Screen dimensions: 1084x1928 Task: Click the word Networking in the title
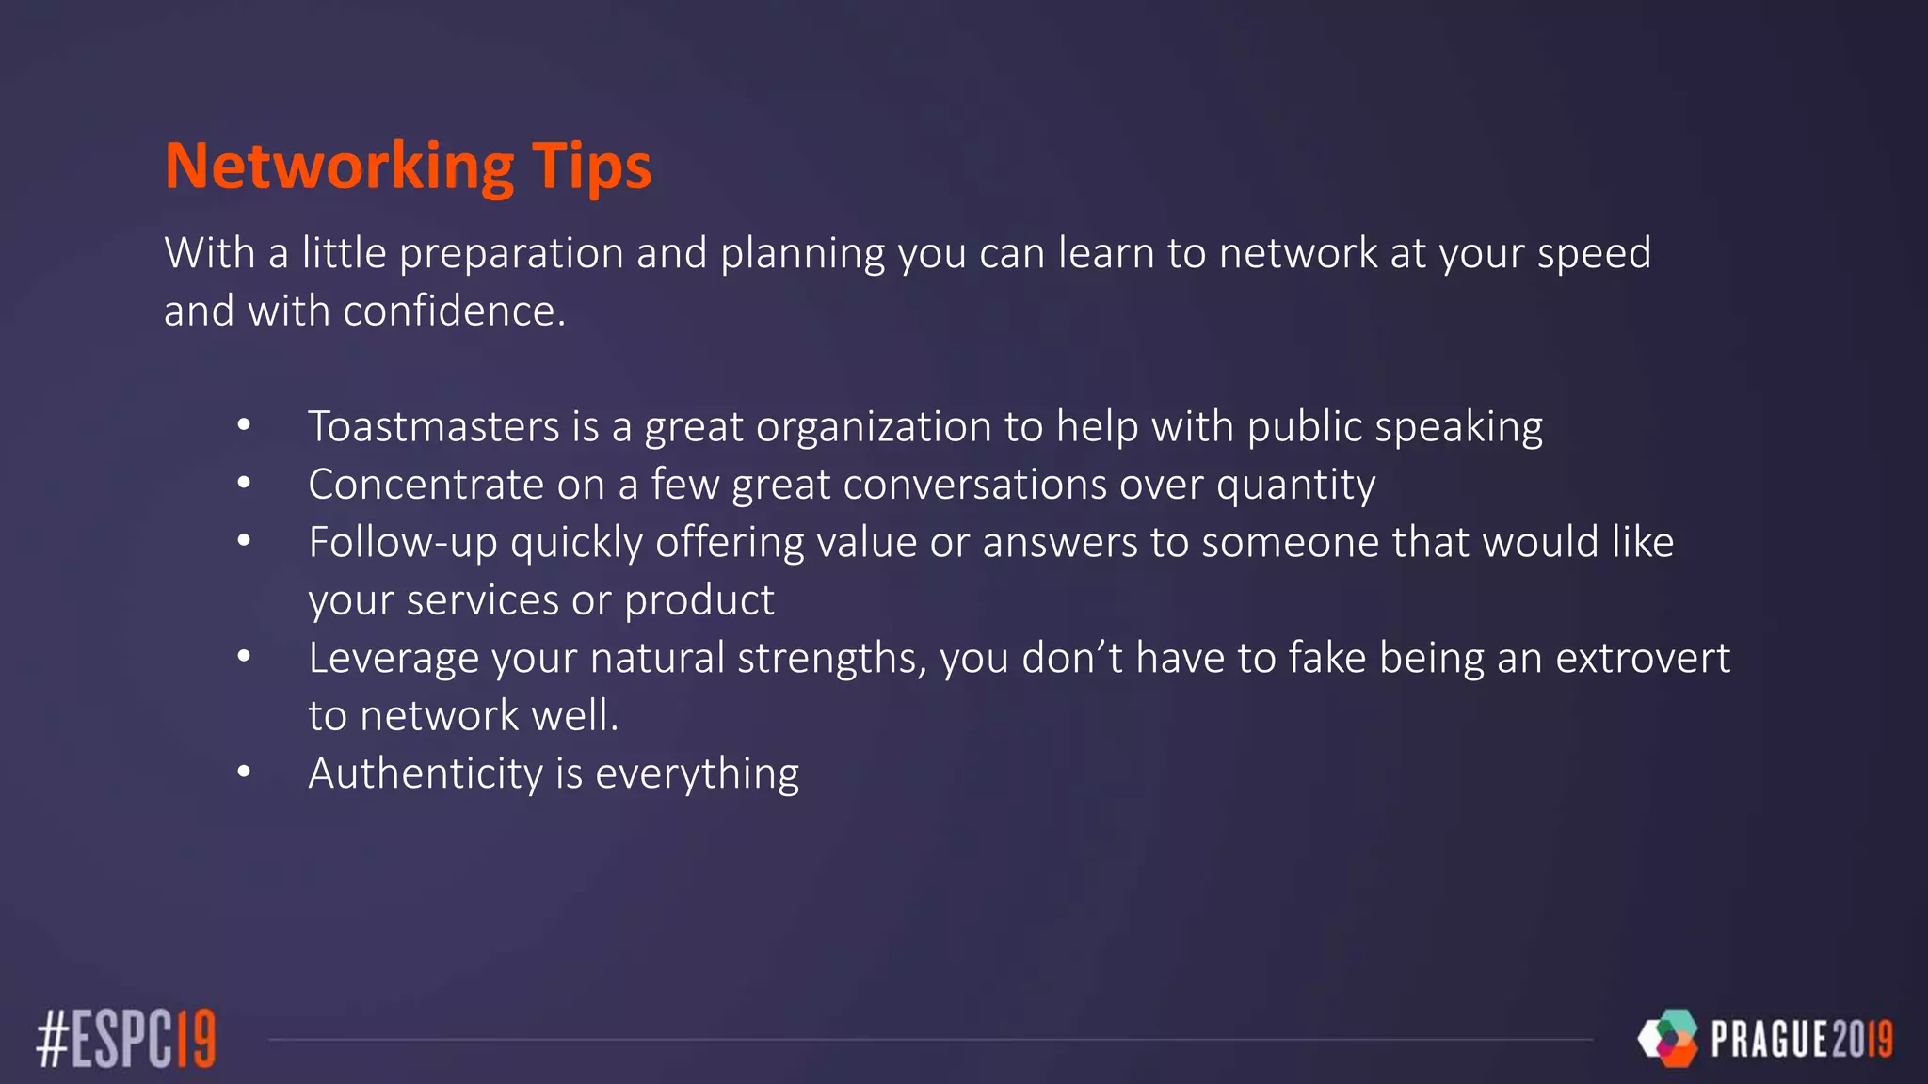click(x=339, y=167)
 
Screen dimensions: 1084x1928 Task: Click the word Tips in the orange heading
click(x=591, y=167)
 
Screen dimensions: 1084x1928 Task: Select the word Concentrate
click(x=426, y=485)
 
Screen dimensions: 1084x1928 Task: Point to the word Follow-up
click(x=403, y=543)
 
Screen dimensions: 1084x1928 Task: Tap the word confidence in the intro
click(x=454, y=311)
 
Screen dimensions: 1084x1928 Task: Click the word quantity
click(x=1295, y=486)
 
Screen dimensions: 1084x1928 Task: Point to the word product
click(x=699, y=600)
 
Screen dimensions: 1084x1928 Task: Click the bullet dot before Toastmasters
click(x=244, y=425)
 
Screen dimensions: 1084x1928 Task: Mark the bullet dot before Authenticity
click(x=244, y=773)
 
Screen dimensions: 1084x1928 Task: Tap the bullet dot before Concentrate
click(x=244, y=484)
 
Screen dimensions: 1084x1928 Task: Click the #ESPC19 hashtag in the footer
click(x=126, y=1038)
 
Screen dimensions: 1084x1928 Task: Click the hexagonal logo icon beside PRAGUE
click(x=1667, y=1038)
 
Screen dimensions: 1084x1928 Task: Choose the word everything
click(x=697, y=774)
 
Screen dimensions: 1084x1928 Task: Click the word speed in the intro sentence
click(x=1594, y=254)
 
